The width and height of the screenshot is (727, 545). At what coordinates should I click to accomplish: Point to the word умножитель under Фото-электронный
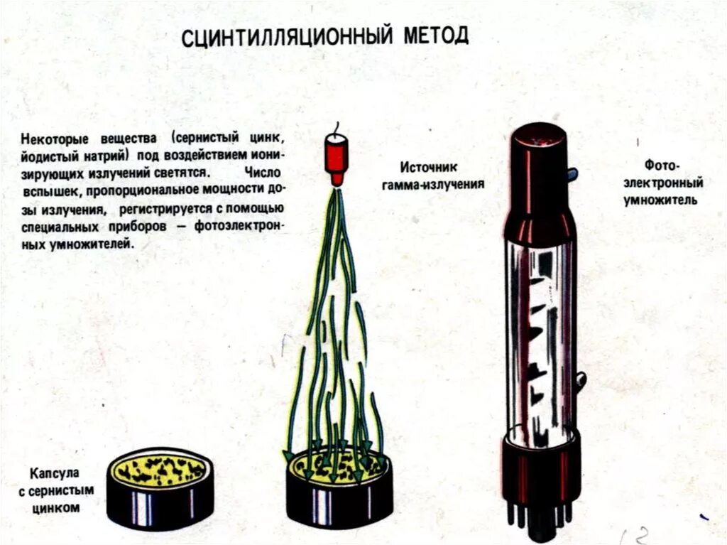click(x=660, y=200)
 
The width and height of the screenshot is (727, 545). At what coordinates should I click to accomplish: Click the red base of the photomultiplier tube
click(x=540, y=469)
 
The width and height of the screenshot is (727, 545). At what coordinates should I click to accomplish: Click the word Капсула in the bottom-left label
click(x=55, y=474)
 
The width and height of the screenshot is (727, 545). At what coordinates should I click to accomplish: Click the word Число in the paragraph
click(x=263, y=173)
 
